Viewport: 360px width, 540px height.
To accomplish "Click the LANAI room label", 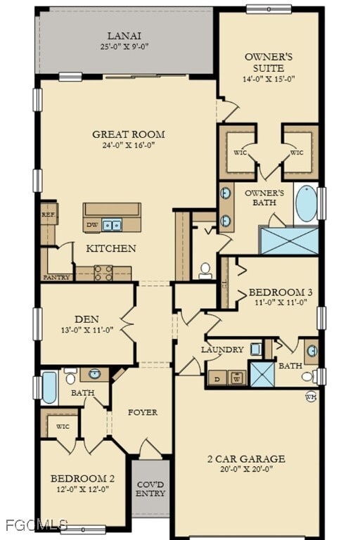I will coord(124,36).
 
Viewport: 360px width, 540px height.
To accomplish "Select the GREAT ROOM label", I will coord(129,134).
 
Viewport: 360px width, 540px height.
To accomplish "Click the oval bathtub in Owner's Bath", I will coord(305,205).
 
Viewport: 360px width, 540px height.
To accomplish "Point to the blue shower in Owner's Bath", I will coord(289,240).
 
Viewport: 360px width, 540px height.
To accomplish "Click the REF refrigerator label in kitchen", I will coord(47,215).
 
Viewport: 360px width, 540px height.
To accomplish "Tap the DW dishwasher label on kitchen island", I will coord(91,226).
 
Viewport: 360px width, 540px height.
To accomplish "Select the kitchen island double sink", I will coord(111,226).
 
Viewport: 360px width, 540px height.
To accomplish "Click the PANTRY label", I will coord(56,277).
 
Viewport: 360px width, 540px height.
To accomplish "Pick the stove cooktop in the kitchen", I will coord(103,274).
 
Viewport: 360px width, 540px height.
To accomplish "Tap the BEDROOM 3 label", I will coord(281,292).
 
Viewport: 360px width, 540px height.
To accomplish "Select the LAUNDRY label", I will coord(222,349).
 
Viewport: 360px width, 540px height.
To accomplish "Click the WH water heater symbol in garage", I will coord(310,397).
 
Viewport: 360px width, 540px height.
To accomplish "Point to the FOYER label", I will coord(142,412).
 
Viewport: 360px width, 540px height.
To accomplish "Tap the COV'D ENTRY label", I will coord(150,489).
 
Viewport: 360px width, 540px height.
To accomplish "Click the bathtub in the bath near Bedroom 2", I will coord(49,387).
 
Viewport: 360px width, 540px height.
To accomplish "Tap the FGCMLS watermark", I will coord(35,525).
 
